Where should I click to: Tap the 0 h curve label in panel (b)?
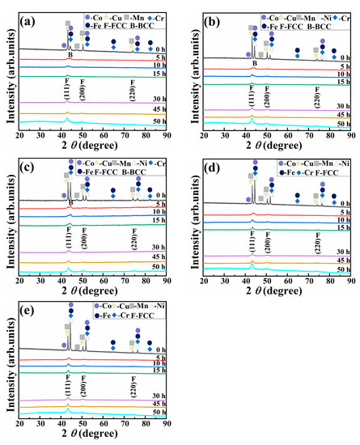(345, 57)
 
